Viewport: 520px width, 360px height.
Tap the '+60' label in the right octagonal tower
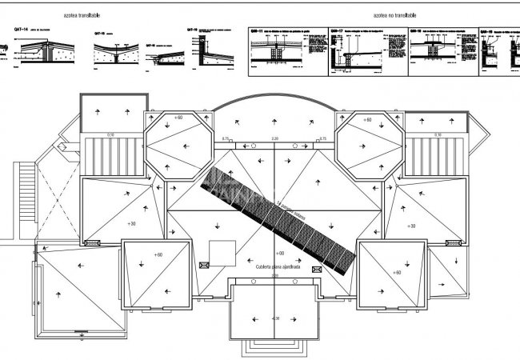pos(367,119)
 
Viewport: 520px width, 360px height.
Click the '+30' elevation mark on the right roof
pos(411,226)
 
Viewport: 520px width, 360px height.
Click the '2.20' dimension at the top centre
pos(275,140)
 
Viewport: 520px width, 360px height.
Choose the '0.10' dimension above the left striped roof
pos(110,134)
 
